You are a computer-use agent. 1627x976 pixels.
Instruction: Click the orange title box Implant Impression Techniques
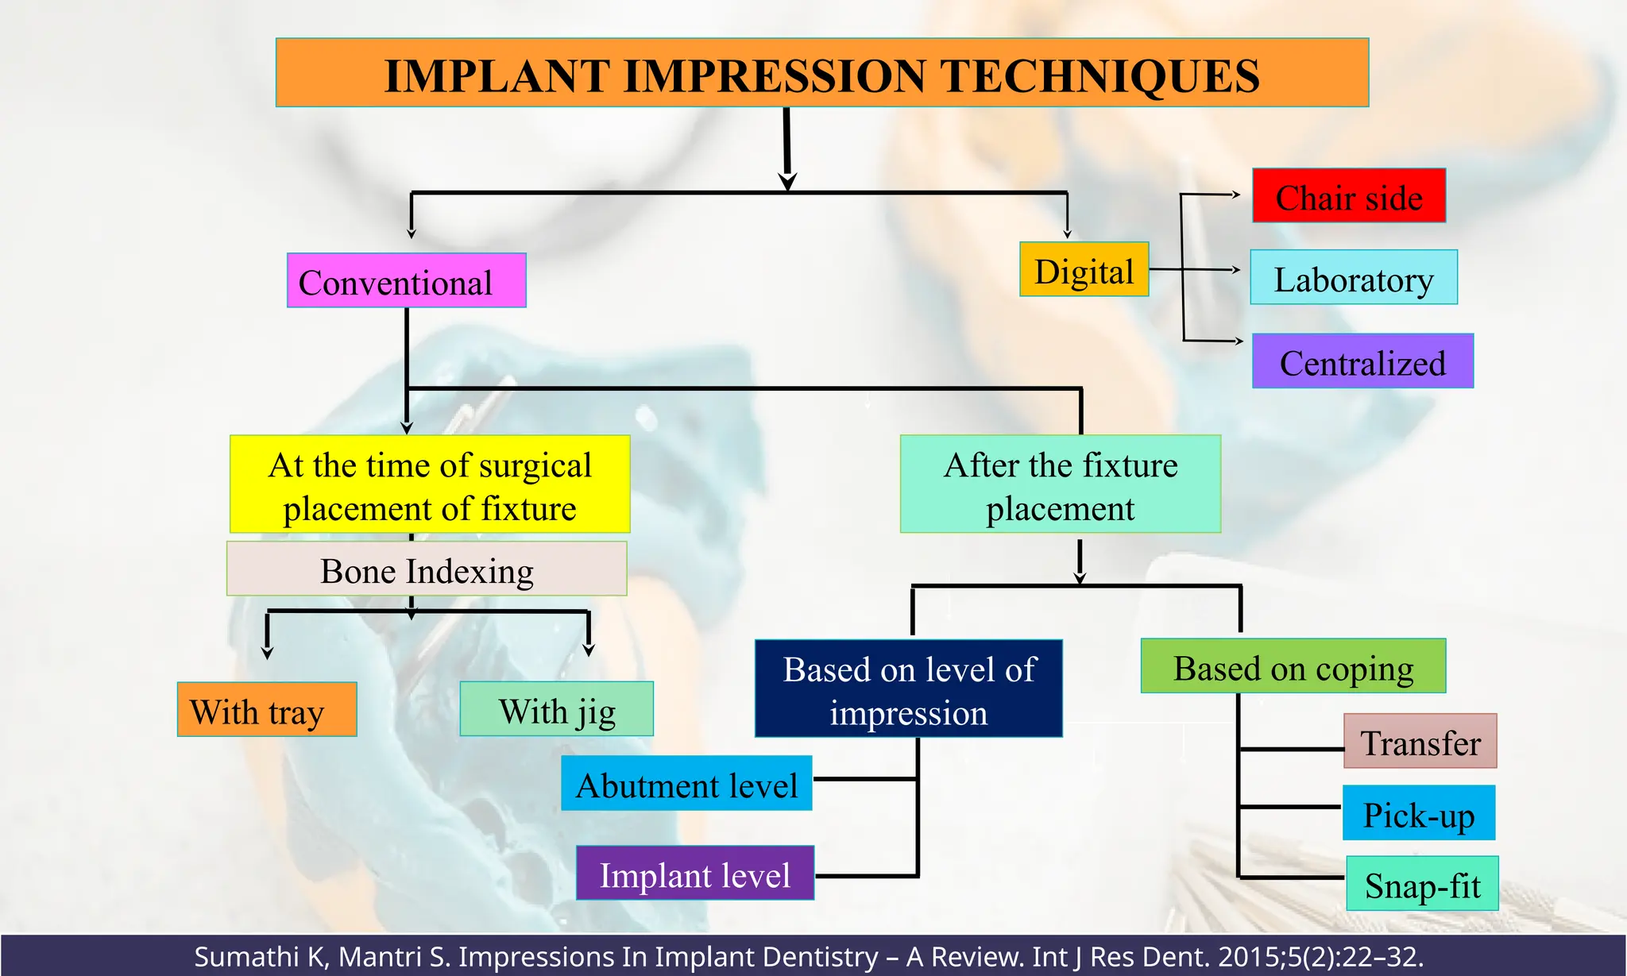(821, 73)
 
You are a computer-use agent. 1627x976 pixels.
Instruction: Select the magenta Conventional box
(406, 281)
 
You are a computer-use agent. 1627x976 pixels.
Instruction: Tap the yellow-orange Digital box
(1084, 270)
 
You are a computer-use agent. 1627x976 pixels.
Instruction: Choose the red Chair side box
(1348, 196)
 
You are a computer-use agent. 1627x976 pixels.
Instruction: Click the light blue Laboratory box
(1353, 278)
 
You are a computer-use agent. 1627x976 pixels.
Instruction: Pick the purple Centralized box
(1362, 361)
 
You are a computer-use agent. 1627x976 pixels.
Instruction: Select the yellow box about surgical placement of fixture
(430, 484)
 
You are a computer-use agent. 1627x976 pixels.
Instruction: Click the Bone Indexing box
(427, 569)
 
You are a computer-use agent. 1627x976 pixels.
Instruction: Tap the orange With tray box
(266, 710)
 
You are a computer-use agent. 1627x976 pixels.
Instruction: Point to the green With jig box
(556, 709)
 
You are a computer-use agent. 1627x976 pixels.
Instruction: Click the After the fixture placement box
(1060, 484)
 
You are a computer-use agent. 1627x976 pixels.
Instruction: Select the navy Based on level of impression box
(908, 689)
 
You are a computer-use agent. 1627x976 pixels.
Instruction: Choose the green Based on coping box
(1293, 667)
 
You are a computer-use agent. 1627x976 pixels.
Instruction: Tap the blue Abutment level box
(686, 784)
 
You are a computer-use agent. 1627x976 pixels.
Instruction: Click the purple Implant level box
(694, 874)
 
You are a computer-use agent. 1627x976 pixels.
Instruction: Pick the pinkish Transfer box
(1420, 742)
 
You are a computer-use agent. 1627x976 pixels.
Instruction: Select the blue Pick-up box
(1418, 813)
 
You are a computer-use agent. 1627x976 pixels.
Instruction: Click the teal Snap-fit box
(1422, 884)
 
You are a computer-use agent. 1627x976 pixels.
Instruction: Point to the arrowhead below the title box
(787, 181)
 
